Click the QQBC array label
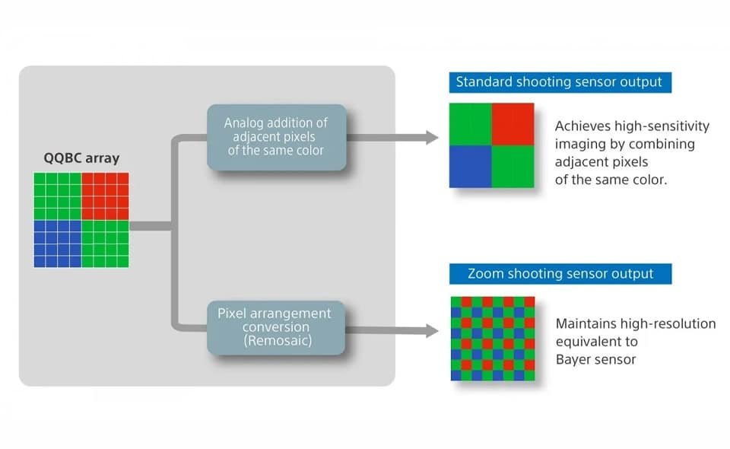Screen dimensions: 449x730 (x=81, y=159)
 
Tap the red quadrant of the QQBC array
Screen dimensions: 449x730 (x=105, y=196)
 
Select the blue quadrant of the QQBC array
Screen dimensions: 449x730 (x=57, y=244)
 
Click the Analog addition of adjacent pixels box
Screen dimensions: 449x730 (x=276, y=137)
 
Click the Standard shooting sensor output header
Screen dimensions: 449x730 (x=559, y=82)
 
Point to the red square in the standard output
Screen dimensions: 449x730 (x=514, y=123)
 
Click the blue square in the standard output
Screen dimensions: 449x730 (x=470, y=166)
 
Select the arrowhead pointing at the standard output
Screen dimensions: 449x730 (x=432, y=138)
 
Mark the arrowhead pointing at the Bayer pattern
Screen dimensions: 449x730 (x=432, y=331)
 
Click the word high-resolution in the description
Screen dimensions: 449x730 (x=661, y=324)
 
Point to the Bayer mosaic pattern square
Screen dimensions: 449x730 (x=492, y=339)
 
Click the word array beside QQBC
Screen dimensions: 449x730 (x=103, y=159)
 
